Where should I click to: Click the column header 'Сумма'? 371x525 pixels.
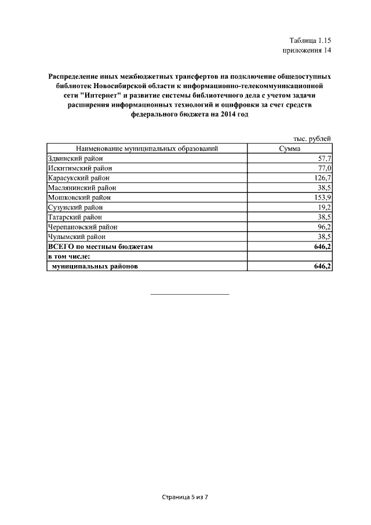(x=289, y=149)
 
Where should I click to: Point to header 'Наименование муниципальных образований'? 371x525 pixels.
(x=146, y=149)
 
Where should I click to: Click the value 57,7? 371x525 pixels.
(x=322, y=158)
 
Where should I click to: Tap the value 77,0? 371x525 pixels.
(x=322, y=168)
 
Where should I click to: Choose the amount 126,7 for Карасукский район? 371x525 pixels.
(x=321, y=178)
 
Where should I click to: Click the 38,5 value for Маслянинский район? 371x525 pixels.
(x=322, y=188)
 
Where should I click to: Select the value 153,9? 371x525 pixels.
(x=321, y=198)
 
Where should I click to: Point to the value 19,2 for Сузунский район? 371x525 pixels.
(x=322, y=208)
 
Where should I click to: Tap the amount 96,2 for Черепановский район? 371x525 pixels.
(x=322, y=227)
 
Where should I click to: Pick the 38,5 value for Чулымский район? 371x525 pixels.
(x=322, y=237)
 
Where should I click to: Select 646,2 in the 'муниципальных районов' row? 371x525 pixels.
(x=321, y=267)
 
